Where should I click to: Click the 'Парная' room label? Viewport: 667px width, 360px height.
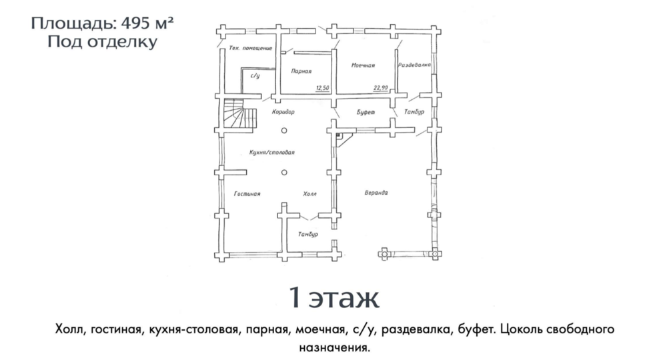301,71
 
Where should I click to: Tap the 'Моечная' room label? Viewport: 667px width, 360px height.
363,65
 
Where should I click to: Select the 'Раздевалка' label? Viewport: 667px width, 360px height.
414,65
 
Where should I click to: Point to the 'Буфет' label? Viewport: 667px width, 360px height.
366,112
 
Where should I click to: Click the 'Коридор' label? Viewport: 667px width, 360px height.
283,112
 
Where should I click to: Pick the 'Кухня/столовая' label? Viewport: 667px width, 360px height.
272,152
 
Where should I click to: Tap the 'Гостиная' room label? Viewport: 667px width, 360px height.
247,194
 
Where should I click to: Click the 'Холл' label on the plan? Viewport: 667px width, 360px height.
309,194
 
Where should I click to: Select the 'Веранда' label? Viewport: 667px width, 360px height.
376,193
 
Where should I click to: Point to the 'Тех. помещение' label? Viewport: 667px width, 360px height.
251,48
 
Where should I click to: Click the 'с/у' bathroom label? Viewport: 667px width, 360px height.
255,76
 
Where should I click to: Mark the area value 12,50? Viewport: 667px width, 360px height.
322,88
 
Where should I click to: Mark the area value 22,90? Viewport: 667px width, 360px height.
381,88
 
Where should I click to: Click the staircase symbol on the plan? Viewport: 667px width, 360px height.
240,113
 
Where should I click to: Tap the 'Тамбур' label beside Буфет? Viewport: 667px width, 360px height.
414,112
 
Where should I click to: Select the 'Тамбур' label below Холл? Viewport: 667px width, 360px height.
308,234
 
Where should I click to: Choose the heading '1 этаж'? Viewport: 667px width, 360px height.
334,297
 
